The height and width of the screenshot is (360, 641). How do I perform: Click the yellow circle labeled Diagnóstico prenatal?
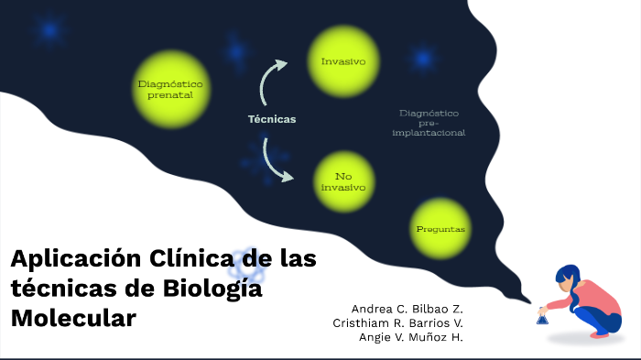(170, 89)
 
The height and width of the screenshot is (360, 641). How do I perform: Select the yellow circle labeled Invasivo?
(343, 62)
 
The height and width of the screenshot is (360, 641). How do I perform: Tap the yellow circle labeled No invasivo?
(343, 181)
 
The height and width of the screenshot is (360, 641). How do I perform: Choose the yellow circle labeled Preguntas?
(440, 229)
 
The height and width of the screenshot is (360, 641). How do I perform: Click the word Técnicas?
(272, 119)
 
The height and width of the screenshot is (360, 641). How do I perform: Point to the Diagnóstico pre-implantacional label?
(429, 123)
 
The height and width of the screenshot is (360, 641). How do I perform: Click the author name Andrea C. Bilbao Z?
(407, 308)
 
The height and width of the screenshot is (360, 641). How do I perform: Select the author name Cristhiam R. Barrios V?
(398, 322)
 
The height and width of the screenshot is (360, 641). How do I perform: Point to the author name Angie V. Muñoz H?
(410, 337)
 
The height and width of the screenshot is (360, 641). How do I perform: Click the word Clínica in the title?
(187, 259)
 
